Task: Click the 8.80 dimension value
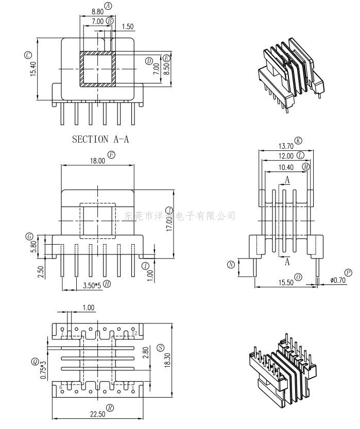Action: click(x=97, y=11)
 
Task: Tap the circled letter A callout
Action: click(x=108, y=6)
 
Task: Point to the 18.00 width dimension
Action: click(x=98, y=160)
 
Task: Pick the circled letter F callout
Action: click(x=111, y=155)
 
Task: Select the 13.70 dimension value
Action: click(x=286, y=146)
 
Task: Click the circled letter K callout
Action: click(x=298, y=141)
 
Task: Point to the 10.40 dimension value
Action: click(x=286, y=167)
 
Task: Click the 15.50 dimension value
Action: click(x=286, y=283)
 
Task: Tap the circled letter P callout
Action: click(x=349, y=272)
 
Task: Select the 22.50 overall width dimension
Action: click(x=97, y=414)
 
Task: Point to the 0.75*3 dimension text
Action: click(x=44, y=370)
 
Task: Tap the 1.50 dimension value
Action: click(x=128, y=26)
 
